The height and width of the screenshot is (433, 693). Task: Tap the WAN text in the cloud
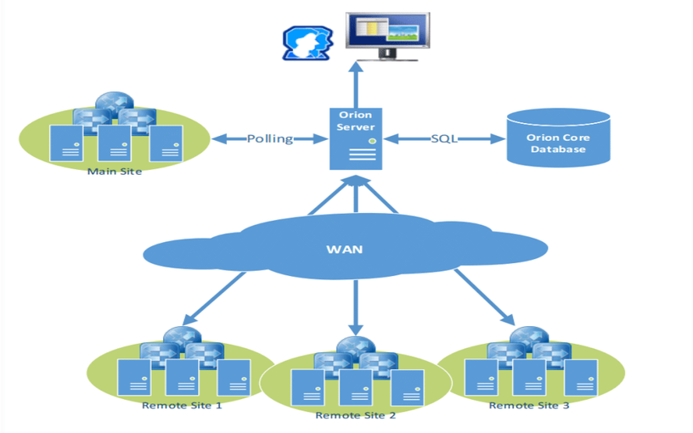click(x=345, y=250)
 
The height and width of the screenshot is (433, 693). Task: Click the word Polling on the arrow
click(x=269, y=138)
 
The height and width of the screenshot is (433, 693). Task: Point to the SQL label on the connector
click(x=443, y=138)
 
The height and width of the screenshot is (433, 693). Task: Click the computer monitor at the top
click(x=387, y=37)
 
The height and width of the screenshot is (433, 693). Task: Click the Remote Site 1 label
click(x=182, y=405)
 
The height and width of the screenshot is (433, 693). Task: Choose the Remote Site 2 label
click(x=355, y=415)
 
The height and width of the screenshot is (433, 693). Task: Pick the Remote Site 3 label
click(x=529, y=405)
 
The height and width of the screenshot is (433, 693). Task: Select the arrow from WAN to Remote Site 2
click(x=355, y=306)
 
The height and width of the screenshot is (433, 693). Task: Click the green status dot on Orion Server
click(x=371, y=140)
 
